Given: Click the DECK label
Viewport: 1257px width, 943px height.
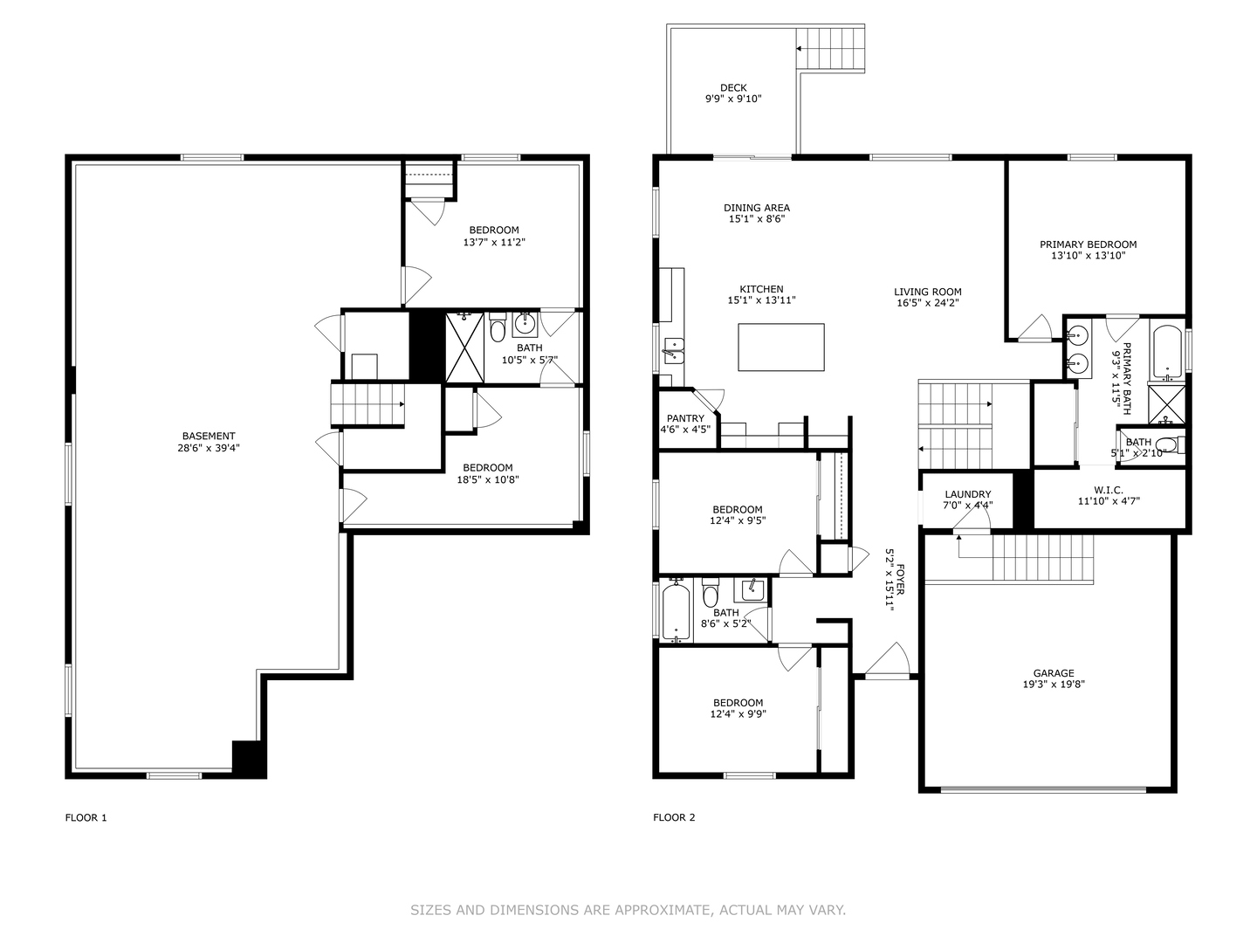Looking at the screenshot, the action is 733,87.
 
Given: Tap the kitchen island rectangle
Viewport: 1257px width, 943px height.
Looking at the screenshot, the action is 781,347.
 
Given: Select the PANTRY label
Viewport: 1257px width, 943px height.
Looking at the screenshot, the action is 685,418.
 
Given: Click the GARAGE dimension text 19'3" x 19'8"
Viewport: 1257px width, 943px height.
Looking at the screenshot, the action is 1053,685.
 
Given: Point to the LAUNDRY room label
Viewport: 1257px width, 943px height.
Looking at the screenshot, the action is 968,494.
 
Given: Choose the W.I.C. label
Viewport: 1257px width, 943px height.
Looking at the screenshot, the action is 1109,490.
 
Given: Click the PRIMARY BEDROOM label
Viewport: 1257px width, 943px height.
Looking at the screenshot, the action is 1088,244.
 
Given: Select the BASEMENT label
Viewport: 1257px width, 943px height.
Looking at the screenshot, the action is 209,437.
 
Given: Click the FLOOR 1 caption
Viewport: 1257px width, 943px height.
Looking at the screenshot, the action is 86,817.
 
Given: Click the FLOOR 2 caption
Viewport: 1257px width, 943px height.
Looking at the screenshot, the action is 674,817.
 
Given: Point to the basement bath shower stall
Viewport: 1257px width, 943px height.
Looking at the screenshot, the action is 464,347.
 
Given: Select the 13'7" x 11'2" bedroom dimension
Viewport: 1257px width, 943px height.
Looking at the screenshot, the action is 494,242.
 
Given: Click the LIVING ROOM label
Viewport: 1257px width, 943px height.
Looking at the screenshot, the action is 928,292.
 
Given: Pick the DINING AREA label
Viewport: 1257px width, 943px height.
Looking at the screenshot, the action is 757,208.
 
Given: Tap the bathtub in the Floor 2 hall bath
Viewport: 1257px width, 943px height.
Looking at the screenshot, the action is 676,610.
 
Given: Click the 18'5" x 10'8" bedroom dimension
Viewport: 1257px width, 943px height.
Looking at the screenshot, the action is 488,480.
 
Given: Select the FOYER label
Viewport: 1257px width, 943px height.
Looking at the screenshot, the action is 901,579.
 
